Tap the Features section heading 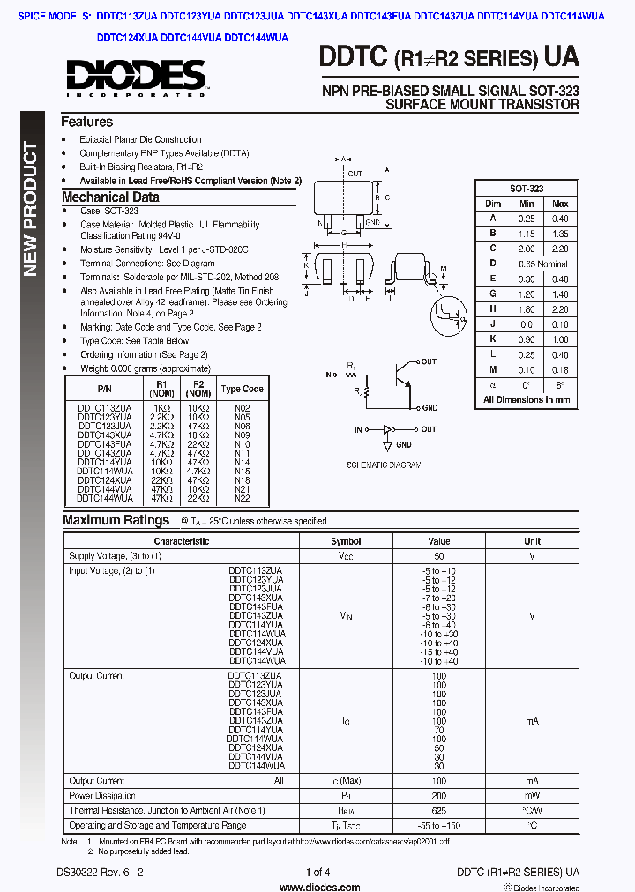pyautogui.click(x=86, y=123)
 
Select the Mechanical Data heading pyautogui.click(x=110, y=197)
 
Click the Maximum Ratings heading pyautogui.click(x=116, y=520)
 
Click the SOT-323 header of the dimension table pyautogui.click(x=527, y=189)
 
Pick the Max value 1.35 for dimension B pyautogui.click(x=559, y=234)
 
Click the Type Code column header pyautogui.click(x=242, y=389)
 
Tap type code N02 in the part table pyautogui.click(x=242, y=408)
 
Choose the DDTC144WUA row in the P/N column pyautogui.click(x=105, y=498)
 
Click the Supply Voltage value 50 pyautogui.click(x=438, y=557)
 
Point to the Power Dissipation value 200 pyautogui.click(x=438, y=795)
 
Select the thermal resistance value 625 pyautogui.click(x=438, y=810)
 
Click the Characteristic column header pyautogui.click(x=182, y=541)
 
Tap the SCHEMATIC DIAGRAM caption pyautogui.click(x=384, y=465)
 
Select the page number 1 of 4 pyautogui.click(x=317, y=873)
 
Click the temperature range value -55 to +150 pyautogui.click(x=438, y=825)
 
